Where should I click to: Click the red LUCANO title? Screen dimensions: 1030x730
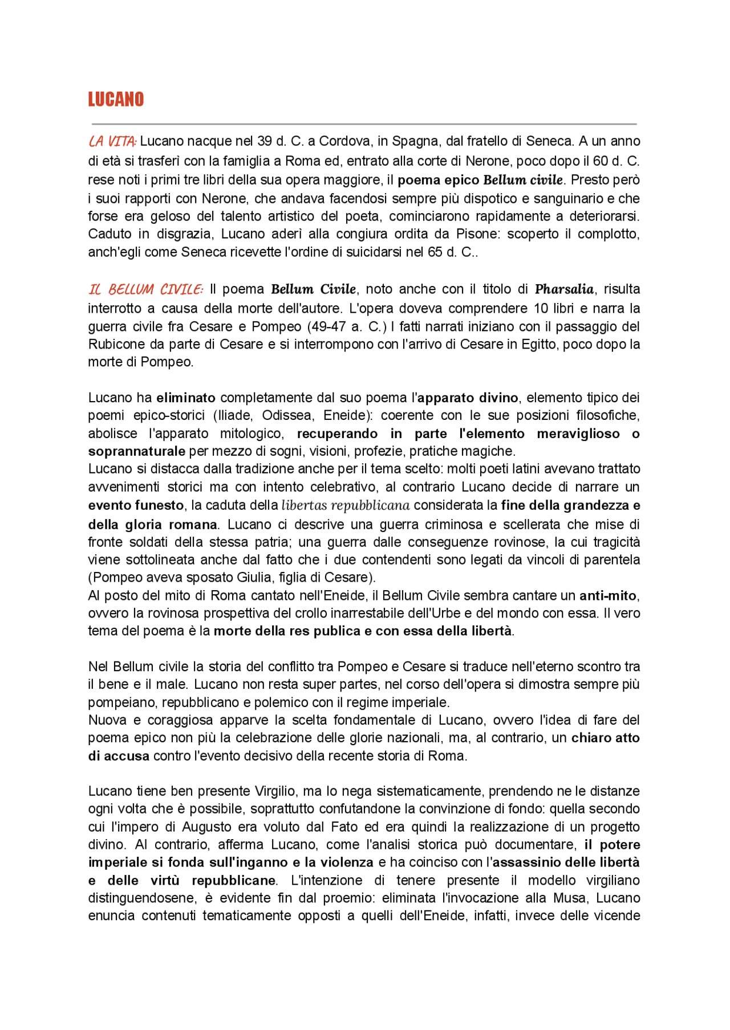pyautogui.click(x=116, y=99)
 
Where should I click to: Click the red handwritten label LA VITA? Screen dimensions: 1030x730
pyautogui.click(x=112, y=141)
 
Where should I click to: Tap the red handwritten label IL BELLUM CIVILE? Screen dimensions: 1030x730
pyautogui.click(x=145, y=289)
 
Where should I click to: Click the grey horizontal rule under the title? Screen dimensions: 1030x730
pyautogui.click(x=364, y=124)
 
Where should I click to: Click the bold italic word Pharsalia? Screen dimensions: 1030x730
pyautogui.click(x=564, y=289)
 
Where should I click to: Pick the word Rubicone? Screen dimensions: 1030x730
pyautogui.click(x=115, y=344)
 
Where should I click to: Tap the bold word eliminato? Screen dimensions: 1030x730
pyautogui.click(x=186, y=398)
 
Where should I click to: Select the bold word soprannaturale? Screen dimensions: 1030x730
pyautogui.click(x=137, y=451)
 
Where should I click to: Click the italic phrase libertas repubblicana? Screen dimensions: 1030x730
pyautogui.click(x=346, y=505)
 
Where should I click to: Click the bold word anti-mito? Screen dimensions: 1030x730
pyautogui.click(x=609, y=595)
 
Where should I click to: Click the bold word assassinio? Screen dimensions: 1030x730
pyautogui.click(x=527, y=863)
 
